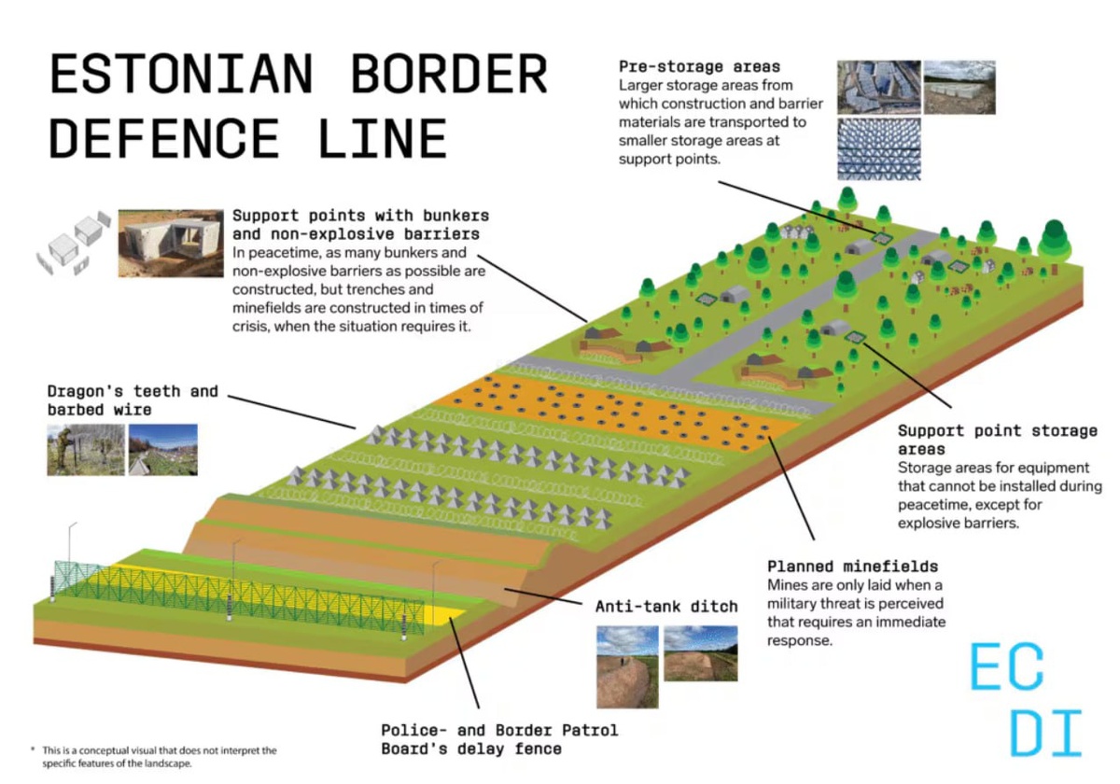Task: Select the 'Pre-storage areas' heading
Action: [x=699, y=66]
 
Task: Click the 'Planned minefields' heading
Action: [x=852, y=567]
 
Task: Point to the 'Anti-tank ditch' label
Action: [x=666, y=607]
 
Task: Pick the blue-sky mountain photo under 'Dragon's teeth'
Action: [x=163, y=450]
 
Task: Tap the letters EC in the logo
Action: [x=1007, y=666]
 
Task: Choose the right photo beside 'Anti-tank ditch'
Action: [x=700, y=653]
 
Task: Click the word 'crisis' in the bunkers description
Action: [x=252, y=327]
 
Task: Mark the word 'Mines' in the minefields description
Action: [x=788, y=585]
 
